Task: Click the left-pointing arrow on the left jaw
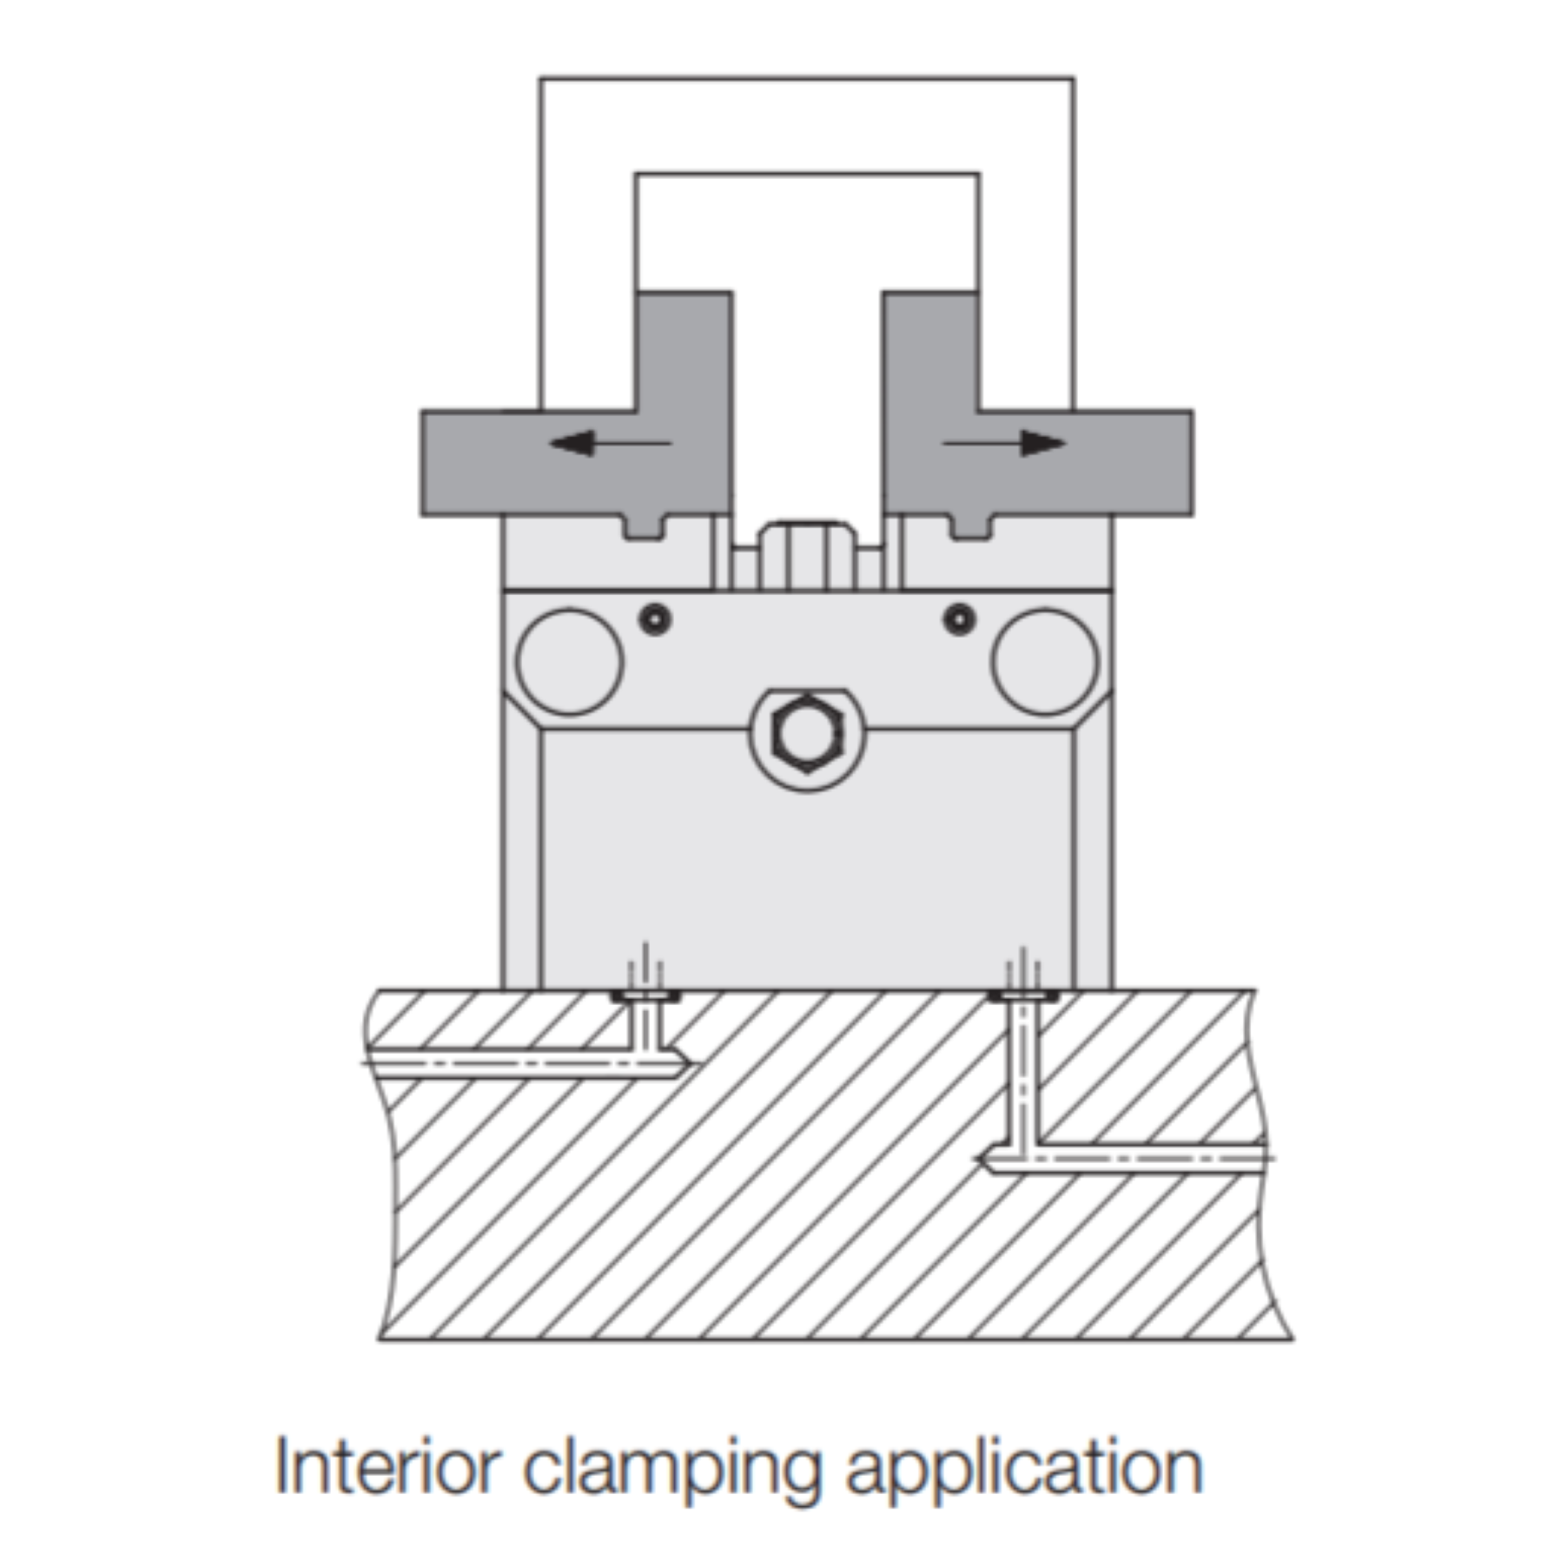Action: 611,443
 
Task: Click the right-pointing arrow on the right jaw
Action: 1005,443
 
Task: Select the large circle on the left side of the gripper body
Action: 570,662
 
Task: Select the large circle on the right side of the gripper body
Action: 1045,662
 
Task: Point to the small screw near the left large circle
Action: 656,618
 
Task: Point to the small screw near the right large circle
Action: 960,618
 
